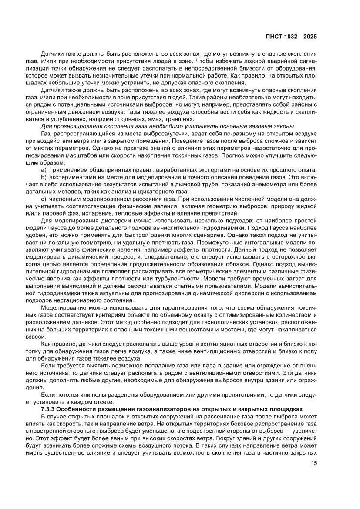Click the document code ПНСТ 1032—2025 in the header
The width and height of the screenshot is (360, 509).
(292, 37)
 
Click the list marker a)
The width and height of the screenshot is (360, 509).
(44, 169)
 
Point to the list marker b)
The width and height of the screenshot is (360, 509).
(44, 178)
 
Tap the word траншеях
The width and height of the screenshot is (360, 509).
(184, 119)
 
